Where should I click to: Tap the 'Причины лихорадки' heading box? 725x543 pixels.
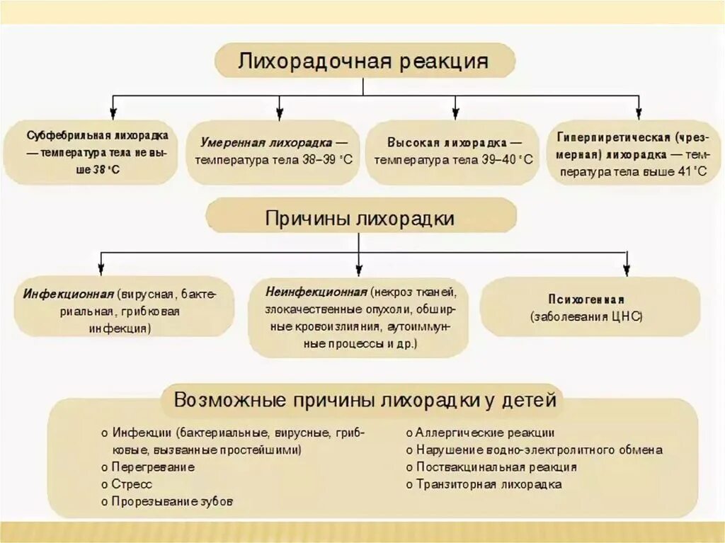(360, 218)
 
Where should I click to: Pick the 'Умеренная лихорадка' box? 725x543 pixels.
(274, 151)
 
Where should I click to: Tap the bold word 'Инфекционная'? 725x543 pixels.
(68, 294)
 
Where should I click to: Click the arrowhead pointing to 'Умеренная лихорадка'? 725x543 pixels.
(280, 113)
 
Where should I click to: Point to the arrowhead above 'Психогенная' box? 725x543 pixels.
(626, 270)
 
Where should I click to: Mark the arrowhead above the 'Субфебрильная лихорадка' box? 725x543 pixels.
(113, 113)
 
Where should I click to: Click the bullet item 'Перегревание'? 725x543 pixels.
(152, 467)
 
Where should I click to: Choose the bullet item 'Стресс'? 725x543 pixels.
(132, 484)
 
